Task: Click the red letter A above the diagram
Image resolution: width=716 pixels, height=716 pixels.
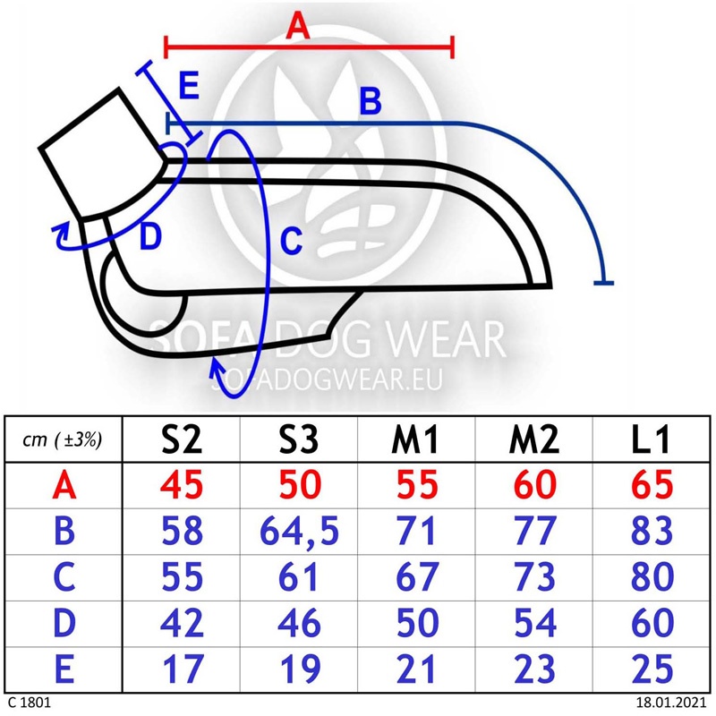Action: [x=298, y=26]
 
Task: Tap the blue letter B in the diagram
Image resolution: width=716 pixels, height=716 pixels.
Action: [x=371, y=101]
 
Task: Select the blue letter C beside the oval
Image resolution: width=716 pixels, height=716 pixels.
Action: [x=292, y=241]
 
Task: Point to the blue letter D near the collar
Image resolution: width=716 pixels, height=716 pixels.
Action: [x=150, y=237]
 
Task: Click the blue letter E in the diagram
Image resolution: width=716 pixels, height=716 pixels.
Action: [x=189, y=85]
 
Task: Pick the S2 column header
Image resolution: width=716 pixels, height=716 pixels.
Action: [x=182, y=439]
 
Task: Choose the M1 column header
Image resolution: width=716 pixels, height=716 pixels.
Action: [x=415, y=439]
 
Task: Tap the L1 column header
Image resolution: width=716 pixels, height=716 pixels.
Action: [x=651, y=439]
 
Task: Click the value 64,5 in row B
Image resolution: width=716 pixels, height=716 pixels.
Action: [x=299, y=532]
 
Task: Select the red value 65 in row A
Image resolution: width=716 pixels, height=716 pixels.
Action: [x=652, y=485]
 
